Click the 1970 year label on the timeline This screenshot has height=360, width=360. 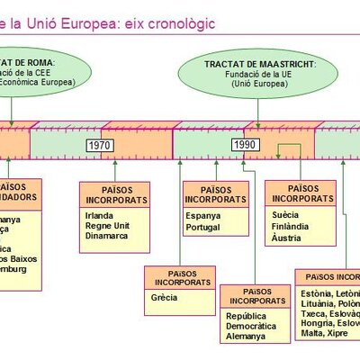click(100, 144)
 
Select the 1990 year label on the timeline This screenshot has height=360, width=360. click(244, 144)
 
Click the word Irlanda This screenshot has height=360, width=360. click(100, 217)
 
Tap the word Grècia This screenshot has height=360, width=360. click(165, 297)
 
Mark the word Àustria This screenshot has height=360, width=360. click(288, 238)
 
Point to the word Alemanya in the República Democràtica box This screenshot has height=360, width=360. click(247, 336)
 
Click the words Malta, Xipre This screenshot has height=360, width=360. click(325, 332)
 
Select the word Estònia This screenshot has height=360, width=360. click(316, 293)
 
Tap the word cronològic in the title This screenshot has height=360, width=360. click(175, 22)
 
